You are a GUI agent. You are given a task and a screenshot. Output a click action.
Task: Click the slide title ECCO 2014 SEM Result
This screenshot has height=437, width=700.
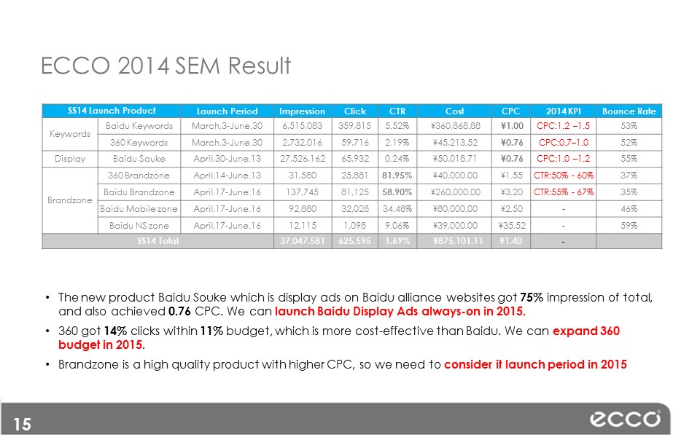[166, 66]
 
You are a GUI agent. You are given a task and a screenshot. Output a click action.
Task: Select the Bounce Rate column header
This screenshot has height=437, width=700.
[629, 111]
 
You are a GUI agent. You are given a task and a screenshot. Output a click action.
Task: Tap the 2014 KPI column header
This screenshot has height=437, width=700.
[563, 111]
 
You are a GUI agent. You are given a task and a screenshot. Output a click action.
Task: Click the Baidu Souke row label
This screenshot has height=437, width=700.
[139, 159]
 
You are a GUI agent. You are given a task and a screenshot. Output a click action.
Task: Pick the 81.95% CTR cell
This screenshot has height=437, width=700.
[397, 176]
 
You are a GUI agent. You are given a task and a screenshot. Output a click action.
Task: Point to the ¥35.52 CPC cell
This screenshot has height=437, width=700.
[512, 226]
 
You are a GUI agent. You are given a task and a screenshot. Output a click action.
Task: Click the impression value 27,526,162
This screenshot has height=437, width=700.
[303, 159]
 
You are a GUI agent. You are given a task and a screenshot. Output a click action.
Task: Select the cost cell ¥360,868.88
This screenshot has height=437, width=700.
[455, 126]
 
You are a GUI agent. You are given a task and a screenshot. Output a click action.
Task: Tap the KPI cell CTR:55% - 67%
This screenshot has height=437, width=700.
[564, 192]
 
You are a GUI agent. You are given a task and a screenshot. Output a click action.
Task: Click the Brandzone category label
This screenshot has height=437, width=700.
[70, 200]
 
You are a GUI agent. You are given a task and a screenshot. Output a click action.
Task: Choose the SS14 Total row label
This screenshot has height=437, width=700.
[157, 241]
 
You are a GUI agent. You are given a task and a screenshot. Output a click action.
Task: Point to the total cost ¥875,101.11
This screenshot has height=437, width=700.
[458, 241]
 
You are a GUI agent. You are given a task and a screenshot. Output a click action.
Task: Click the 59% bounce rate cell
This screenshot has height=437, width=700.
[629, 226]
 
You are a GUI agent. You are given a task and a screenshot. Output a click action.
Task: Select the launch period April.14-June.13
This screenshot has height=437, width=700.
[227, 176]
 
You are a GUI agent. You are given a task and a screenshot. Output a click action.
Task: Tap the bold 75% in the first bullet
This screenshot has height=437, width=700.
[532, 297]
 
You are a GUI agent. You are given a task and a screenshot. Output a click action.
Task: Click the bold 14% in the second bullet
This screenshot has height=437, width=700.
[115, 331]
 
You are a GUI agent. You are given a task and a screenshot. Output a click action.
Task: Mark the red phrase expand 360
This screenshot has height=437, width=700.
[586, 331]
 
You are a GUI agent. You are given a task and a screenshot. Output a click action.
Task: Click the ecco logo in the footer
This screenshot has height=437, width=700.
[625, 419]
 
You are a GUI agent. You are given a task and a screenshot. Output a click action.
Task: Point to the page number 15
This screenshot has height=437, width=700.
[23, 424]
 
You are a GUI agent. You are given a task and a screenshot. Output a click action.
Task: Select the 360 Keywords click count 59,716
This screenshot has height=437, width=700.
[354, 143]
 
